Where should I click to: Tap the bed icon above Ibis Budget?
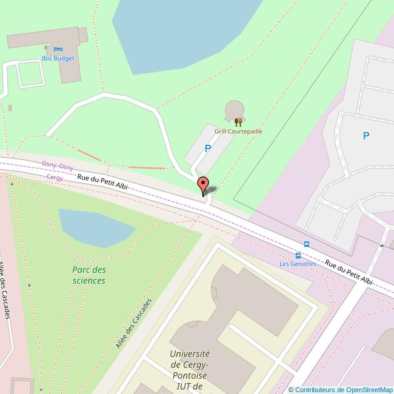58,48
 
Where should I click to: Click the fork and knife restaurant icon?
238,121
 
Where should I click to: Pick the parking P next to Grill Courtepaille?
208,148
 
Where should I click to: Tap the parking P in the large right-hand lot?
366,136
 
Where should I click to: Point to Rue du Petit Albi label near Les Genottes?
348,272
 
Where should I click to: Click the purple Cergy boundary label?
55,178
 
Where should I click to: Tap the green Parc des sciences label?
88,275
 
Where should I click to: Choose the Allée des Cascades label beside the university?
132,323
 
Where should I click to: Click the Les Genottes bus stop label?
298,264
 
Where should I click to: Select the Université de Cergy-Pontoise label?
190,370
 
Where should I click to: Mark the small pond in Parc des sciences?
91,227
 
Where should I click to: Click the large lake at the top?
182,27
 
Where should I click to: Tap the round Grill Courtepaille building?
235,110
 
